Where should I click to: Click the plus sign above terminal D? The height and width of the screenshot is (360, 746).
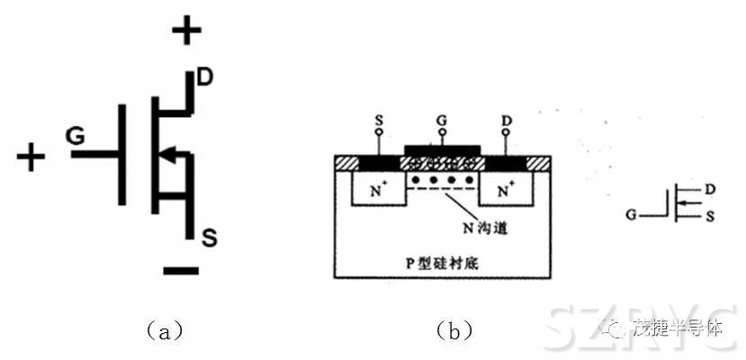pyautogui.click(x=187, y=33)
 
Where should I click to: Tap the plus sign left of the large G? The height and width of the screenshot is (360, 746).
pyautogui.click(x=31, y=157)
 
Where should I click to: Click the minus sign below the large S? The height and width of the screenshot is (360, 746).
pyautogui.click(x=182, y=270)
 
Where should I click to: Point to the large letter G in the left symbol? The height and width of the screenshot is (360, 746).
pyautogui.click(x=75, y=135)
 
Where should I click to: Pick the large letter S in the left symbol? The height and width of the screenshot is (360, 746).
pyautogui.click(x=208, y=238)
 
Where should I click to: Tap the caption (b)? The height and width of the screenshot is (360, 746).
pyautogui.click(x=454, y=331)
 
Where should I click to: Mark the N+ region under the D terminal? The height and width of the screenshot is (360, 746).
pyautogui.click(x=506, y=190)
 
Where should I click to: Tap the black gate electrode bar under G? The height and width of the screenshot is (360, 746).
pyautogui.click(x=443, y=149)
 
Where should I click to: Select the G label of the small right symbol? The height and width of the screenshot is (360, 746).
pyautogui.click(x=634, y=216)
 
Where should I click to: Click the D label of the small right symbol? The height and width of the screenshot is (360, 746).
pyautogui.click(x=711, y=191)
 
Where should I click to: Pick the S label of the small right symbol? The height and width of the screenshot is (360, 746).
pyautogui.click(x=711, y=217)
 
